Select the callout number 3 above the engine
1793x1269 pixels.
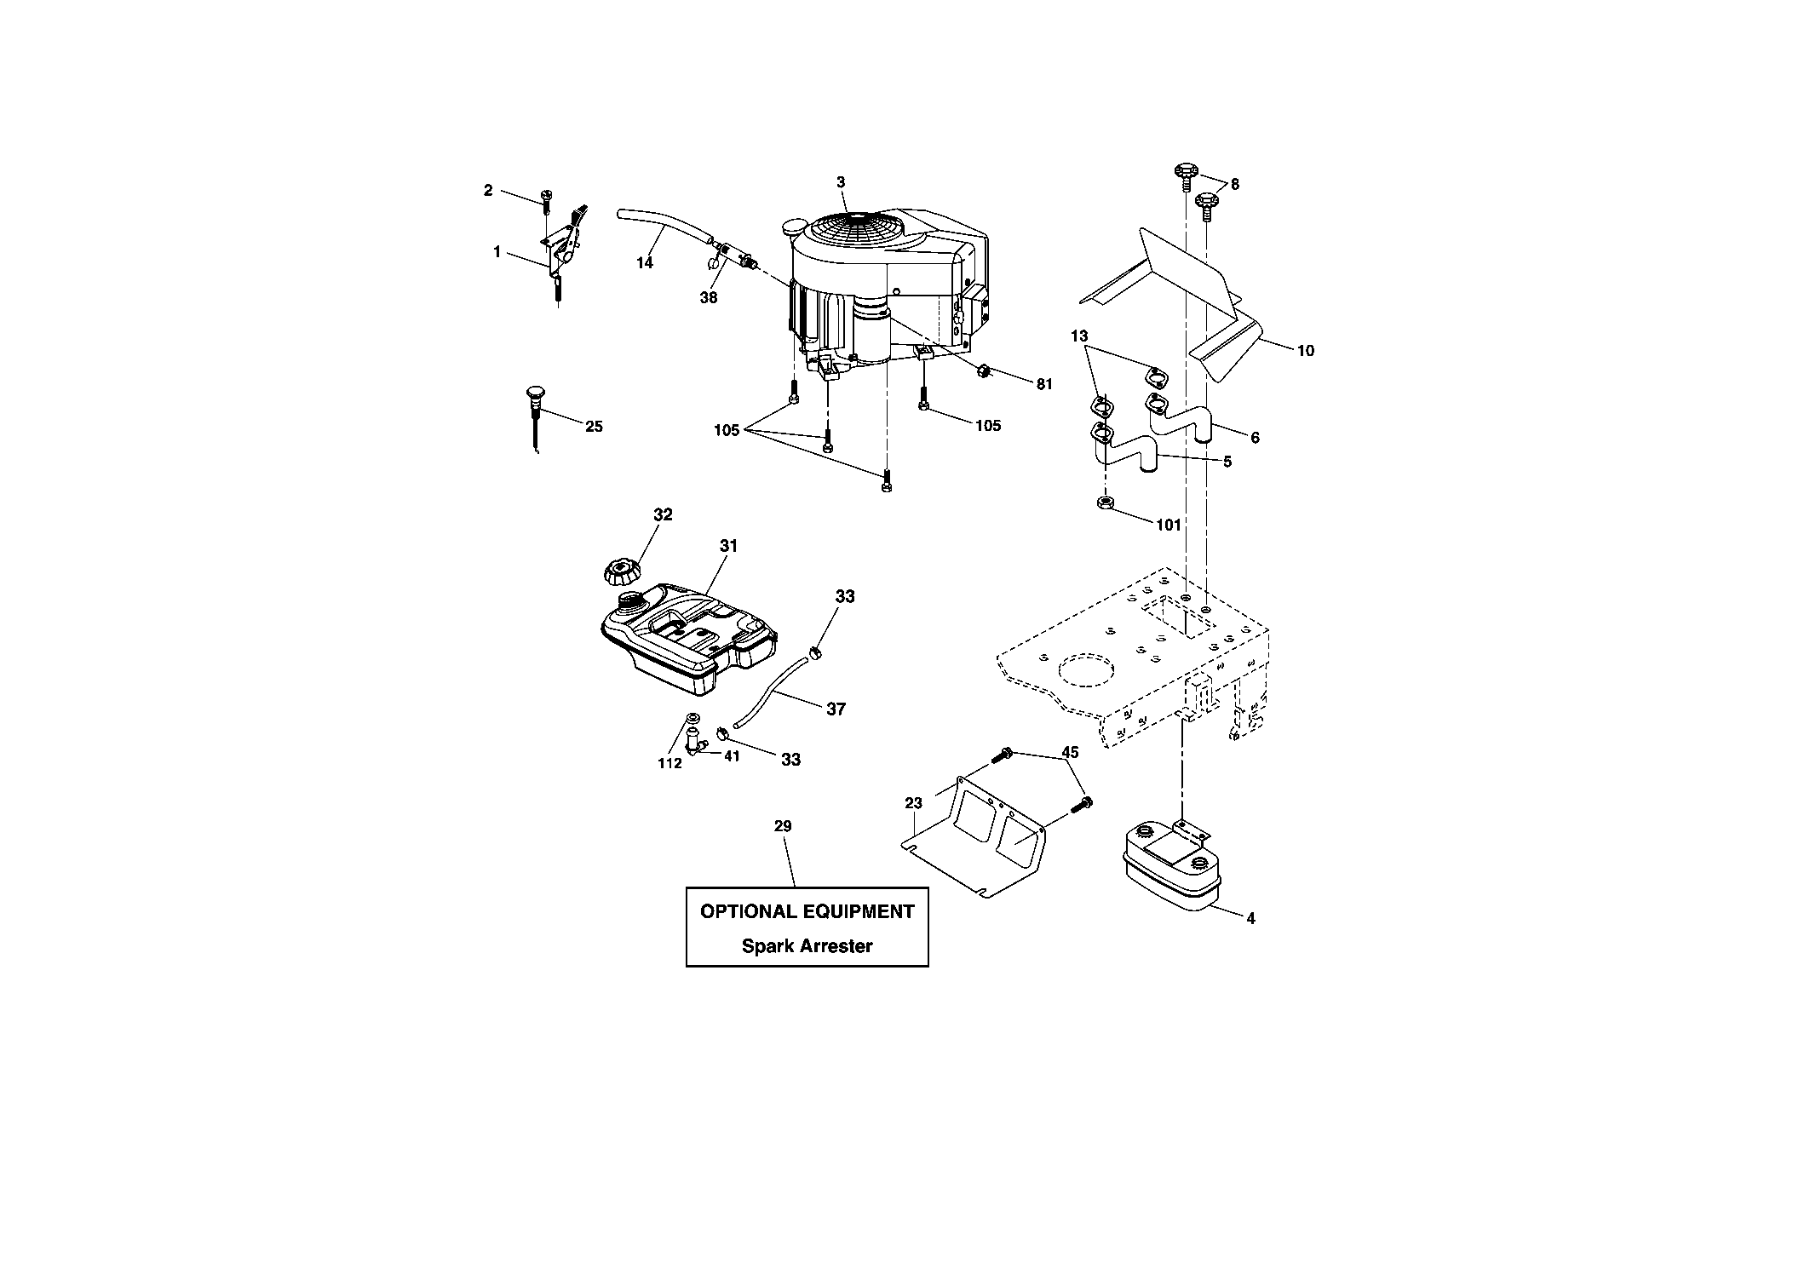tap(841, 181)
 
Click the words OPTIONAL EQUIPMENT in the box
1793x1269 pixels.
tap(807, 911)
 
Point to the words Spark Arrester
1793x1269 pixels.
tap(807, 945)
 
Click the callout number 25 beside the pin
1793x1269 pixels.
tap(594, 426)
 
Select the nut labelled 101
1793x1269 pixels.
tap(1104, 502)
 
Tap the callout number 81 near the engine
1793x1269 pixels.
tap(1044, 384)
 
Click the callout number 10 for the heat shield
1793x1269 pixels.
tap(1305, 350)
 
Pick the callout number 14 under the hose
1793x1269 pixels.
tap(645, 263)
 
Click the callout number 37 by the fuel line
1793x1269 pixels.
tap(836, 709)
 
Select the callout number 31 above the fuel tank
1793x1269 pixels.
tap(727, 546)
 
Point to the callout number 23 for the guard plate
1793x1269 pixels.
tap(913, 803)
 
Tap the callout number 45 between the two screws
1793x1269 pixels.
tap(1070, 753)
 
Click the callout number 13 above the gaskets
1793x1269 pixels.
tap(1079, 336)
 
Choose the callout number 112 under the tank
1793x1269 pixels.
tap(670, 763)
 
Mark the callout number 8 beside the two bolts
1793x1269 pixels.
tap(1235, 184)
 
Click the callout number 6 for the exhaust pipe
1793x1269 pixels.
tap(1255, 438)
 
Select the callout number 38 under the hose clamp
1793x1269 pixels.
tap(709, 297)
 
